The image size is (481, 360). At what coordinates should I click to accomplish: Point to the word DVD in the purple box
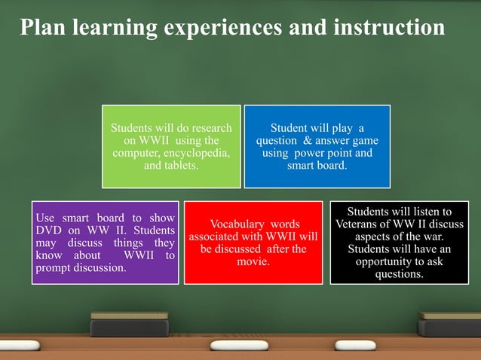point(50,230)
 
